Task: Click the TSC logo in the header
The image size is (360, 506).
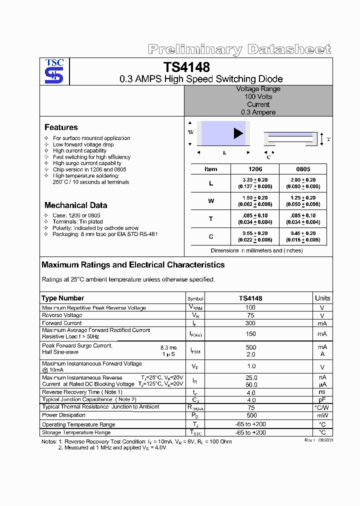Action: pyautogui.click(x=54, y=71)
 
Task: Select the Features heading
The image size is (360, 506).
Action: pyautogui.click(x=61, y=127)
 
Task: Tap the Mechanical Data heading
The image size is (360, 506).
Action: pyautogui.click(x=75, y=205)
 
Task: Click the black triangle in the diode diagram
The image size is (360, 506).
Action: pyautogui.click(x=238, y=133)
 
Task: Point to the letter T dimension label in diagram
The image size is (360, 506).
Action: pyautogui.click(x=328, y=139)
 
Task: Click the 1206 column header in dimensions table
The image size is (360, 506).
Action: pyautogui.click(x=255, y=169)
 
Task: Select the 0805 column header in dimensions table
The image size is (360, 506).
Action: pyautogui.click(x=303, y=169)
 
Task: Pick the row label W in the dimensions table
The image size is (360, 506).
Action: pyautogui.click(x=210, y=201)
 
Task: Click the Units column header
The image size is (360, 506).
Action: pyautogui.click(x=322, y=298)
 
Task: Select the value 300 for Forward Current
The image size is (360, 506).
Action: pyautogui.click(x=250, y=323)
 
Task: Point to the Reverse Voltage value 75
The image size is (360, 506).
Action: pyautogui.click(x=250, y=315)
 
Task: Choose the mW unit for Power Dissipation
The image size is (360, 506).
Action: pyautogui.click(x=322, y=415)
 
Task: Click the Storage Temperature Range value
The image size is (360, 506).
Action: pyautogui.click(x=250, y=432)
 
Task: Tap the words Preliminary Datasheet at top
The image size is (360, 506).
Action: pyautogui.click(x=239, y=49)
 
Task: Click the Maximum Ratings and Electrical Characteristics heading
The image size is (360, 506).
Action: pyautogui.click(x=133, y=265)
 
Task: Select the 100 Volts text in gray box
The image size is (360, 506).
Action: pyautogui.click(x=258, y=96)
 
